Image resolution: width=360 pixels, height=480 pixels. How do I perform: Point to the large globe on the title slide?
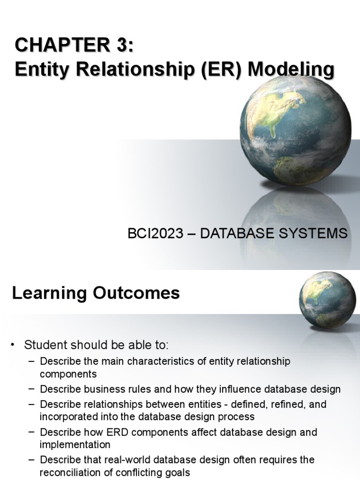[x=295, y=130]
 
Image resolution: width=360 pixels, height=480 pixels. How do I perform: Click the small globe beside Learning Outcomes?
[x=327, y=300]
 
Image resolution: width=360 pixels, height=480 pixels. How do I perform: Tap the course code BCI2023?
[x=155, y=233]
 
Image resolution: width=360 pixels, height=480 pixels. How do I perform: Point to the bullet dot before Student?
[x=14, y=345]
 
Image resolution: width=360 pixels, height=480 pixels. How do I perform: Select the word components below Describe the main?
[x=68, y=374]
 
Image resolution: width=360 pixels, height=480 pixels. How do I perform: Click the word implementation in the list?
[x=75, y=444]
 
